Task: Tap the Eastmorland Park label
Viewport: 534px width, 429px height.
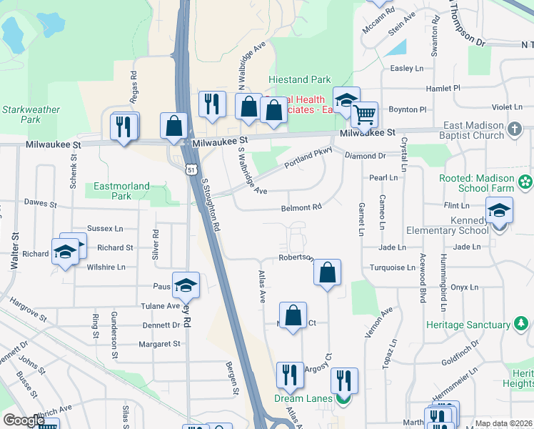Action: coord(122,191)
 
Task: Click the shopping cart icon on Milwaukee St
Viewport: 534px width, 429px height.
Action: coord(364,114)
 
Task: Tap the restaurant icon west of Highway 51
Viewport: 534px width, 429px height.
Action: coord(124,127)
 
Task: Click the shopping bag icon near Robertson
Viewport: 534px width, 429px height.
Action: coord(326,272)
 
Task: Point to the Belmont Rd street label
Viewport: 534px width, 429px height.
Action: coord(302,207)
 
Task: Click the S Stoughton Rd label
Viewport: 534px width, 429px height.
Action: coord(211,204)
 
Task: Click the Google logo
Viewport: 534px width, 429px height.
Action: coord(24,420)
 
